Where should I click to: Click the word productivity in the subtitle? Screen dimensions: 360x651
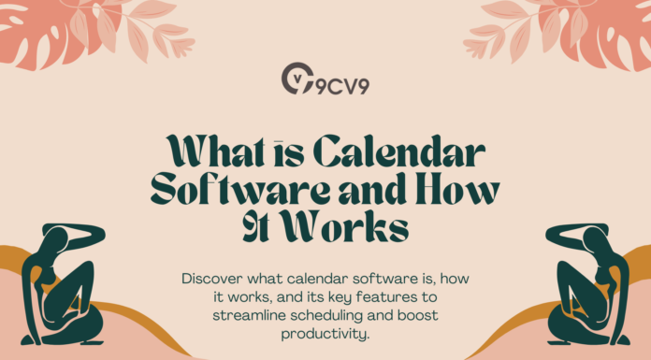325,331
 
